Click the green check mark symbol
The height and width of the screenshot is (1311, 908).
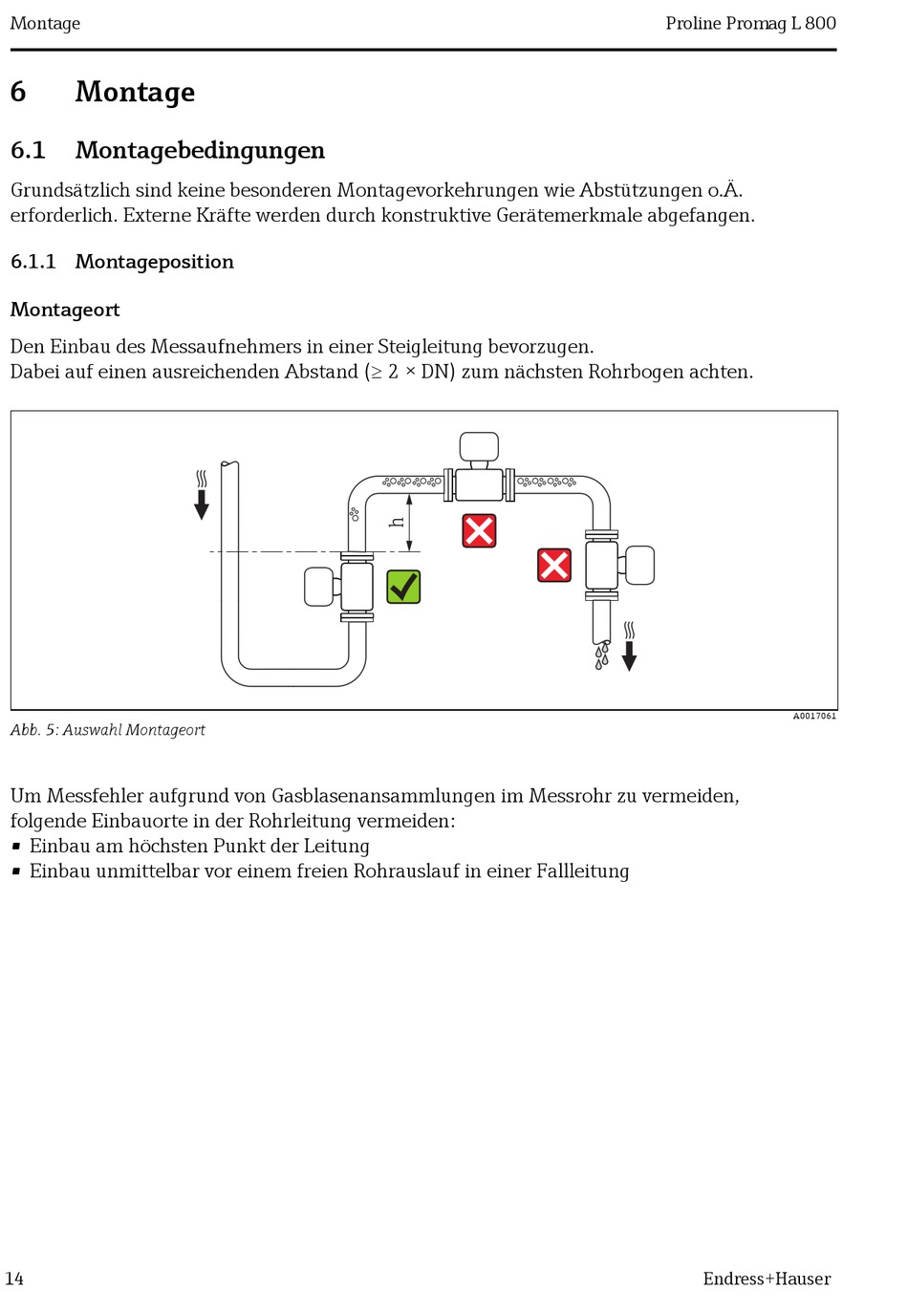[x=403, y=586]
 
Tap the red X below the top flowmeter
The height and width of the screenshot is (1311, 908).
[x=479, y=530]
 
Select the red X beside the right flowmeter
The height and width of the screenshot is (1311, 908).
[x=554, y=565]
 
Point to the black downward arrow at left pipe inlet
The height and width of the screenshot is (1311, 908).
[x=202, y=504]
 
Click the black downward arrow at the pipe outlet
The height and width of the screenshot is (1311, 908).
[x=629, y=655]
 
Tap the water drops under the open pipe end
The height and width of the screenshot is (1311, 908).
[x=601, y=655]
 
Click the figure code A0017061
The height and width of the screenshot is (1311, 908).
[x=813, y=716]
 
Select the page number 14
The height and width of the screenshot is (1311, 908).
[x=14, y=1279]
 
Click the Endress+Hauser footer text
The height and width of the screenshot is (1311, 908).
[x=767, y=1279]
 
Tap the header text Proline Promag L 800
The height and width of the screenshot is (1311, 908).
[x=750, y=23]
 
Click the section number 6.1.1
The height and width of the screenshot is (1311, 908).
[x=33, y=262]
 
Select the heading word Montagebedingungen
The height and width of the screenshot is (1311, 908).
[x=200, y=150]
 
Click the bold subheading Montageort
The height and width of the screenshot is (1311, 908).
[x=65, y=310]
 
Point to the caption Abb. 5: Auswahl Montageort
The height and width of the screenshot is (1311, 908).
[x=108, y=730]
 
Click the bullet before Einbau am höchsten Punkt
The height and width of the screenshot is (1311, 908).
[x=16, y=846]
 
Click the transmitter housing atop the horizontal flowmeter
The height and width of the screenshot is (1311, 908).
[x=479, y=446]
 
